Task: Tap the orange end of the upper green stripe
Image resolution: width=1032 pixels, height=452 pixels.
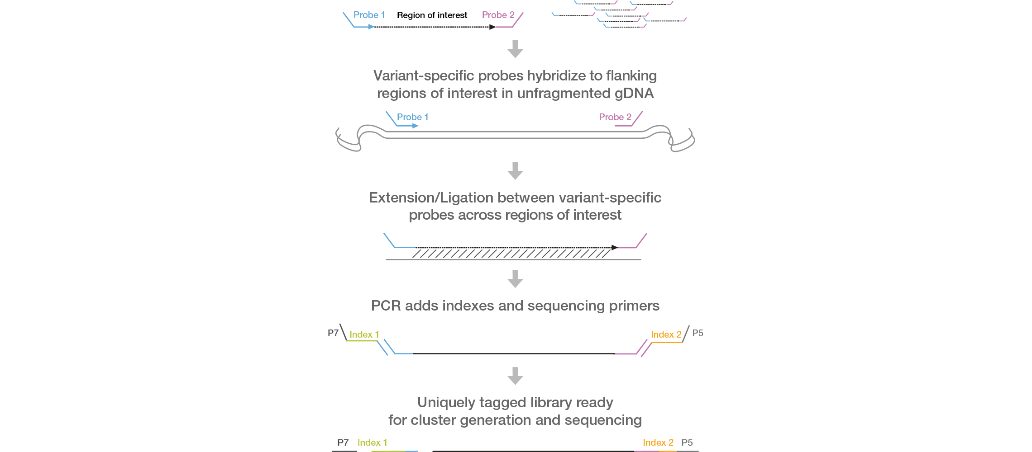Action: [x=668, y=334]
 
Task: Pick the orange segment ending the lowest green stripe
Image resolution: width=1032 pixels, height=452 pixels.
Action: [x=662, y=442]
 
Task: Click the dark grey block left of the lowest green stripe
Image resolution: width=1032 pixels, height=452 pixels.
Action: [x=347, y=442]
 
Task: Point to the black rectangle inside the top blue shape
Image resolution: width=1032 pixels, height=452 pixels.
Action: [x=439, y=15]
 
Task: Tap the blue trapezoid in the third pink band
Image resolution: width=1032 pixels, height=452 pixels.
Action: [x=511, y=240]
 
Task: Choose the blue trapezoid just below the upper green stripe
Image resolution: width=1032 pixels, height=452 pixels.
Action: [x=511, y=347]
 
